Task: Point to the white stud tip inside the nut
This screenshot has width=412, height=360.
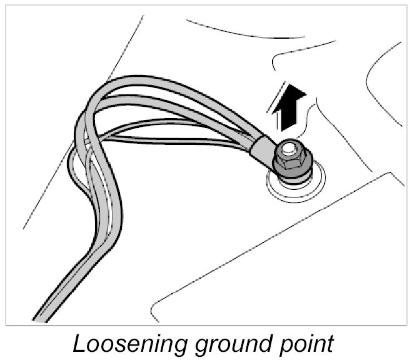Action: coord(288,149)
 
